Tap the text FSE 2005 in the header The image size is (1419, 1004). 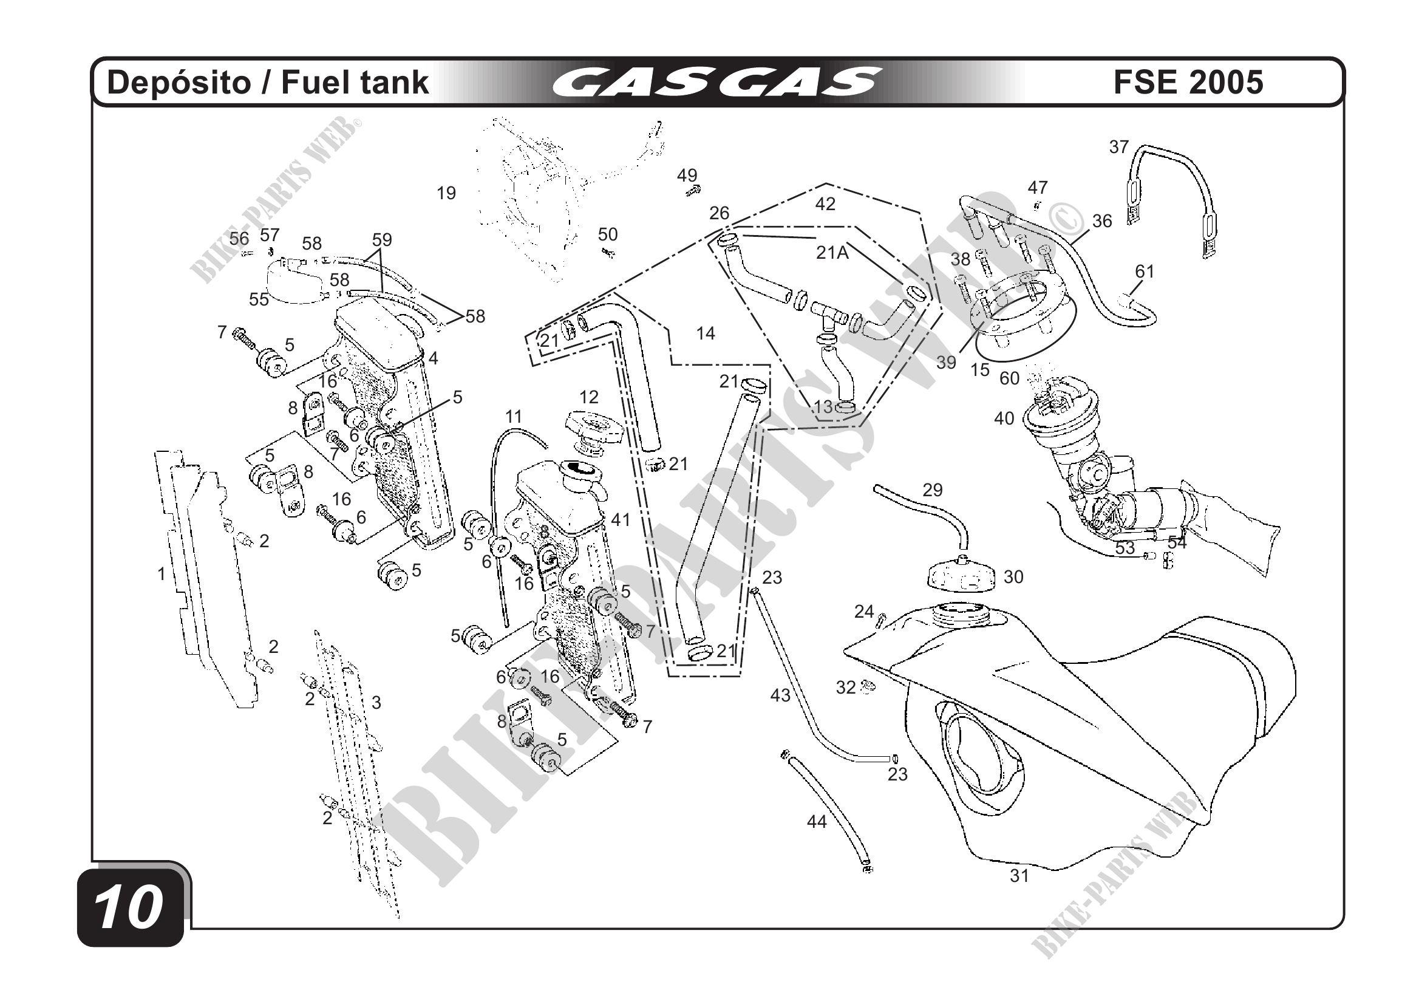click(x=1188, y=83)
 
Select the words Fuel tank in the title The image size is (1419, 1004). click(x=355, y=83)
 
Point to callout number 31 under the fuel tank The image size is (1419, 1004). click(x=1019, y=875)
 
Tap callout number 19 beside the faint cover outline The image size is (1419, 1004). click(x=446, y=194)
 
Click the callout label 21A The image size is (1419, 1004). click(x=832, y=252)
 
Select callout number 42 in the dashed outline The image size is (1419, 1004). click(x=825, y=204)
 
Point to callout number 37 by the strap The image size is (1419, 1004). click(x=1118, y=147)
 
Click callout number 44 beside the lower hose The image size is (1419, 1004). click(x=817, y=822)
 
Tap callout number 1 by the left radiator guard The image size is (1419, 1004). click(x=162, y=574)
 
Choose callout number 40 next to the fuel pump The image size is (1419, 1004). click(x=1004, y=418)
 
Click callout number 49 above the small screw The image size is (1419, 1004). click(x=687, y=176)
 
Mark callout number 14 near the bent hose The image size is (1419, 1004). click(x=705, y=334)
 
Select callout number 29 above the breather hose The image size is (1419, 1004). click(x=933, y=490)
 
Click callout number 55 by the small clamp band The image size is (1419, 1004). click(x=259, y=299)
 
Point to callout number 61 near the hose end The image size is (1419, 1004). click(x=1145, y=271)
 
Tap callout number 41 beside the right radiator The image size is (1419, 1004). click(x=620, y=520)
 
